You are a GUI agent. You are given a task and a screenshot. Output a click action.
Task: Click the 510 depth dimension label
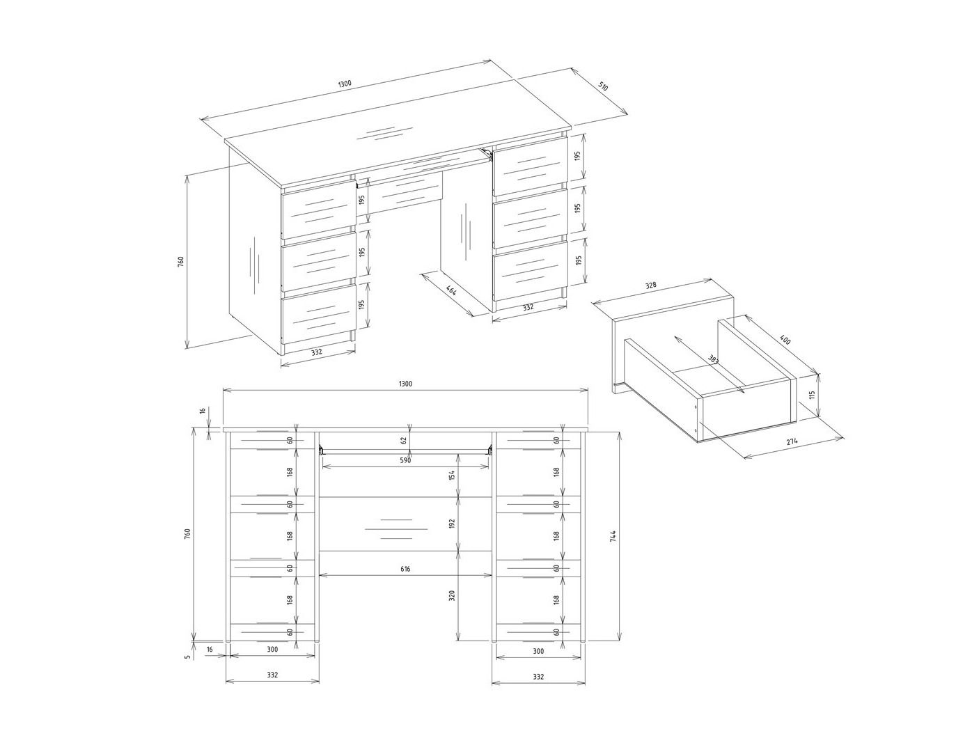point(603,87)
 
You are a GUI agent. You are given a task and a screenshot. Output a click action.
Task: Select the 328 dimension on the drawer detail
point(651,285)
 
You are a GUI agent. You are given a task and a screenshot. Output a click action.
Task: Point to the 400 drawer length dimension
point(785,342)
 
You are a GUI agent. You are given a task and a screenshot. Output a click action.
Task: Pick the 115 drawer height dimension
point(812,395)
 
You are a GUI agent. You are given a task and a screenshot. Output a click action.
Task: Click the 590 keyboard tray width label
point(406,460)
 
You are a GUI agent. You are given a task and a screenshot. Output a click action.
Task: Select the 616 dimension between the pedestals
point(406,569)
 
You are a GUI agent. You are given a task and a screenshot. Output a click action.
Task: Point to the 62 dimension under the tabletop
point(404,440)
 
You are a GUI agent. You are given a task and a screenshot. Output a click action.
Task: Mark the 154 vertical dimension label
point(451,476)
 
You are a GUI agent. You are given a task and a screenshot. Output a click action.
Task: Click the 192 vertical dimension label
point(451,524)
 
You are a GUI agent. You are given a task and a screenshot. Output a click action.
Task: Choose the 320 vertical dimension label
point(451,596)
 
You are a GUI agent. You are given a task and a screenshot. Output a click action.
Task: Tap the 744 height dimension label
point(612,536)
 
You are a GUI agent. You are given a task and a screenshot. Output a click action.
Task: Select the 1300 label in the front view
point(405,384)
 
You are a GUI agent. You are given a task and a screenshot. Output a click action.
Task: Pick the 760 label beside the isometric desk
point(180,262)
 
